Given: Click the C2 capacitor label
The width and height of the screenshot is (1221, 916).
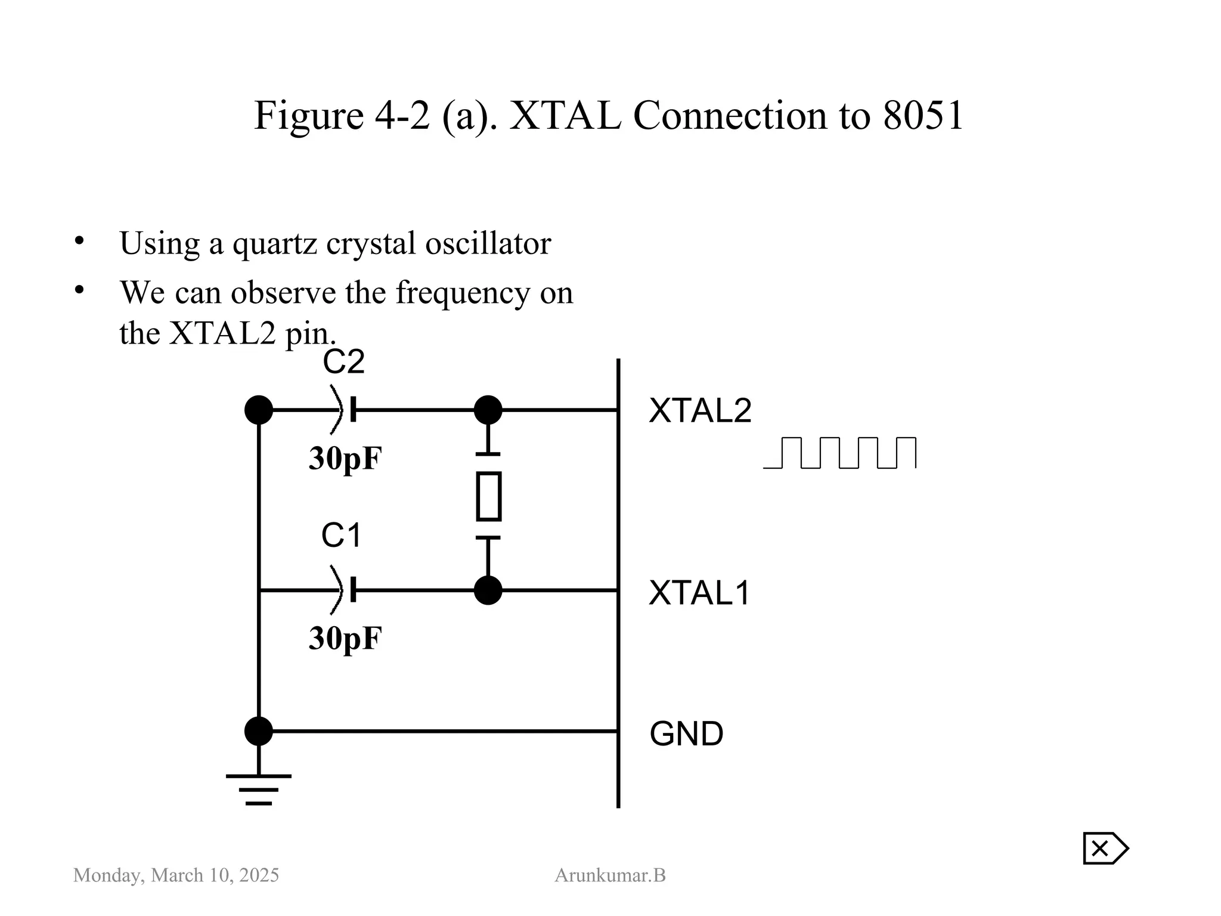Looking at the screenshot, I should click(x=343, y=362).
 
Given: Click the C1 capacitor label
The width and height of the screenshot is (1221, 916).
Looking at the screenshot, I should click(x=341, y=535).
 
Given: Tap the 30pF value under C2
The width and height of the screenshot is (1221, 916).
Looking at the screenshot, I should click(x=345, y=459).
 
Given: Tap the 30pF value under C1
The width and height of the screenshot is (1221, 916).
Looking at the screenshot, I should click(x=345, y=638).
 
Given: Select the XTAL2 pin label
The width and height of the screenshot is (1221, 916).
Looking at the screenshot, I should click(x=700, y=410).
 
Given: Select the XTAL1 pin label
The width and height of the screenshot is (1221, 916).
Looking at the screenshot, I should click(x=699, y=593).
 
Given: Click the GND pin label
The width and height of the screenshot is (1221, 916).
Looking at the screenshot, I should click(x=686, y=734).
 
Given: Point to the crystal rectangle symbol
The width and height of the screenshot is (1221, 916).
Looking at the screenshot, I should click(x=488, y=496).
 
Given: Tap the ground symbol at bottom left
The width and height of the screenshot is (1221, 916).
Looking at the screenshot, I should click(x=259, y=788).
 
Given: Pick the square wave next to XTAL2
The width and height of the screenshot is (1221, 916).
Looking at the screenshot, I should click(x=839, y=453).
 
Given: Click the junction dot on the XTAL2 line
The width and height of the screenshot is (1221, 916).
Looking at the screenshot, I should click(x=488, y=410).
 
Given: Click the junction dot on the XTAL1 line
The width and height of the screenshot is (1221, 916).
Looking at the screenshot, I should click(x=488, y=590).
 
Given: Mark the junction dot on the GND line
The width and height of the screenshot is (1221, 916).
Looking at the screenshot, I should click(x=259, y=731).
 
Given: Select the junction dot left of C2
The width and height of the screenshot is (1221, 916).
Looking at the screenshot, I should click(x=259, y=410).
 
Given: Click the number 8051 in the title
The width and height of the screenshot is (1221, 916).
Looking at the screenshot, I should click(x=923, y=115).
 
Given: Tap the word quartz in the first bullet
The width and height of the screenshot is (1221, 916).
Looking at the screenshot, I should click(x=274, y=243).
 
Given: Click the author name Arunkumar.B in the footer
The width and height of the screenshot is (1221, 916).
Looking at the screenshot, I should click(x=610, y=875).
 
